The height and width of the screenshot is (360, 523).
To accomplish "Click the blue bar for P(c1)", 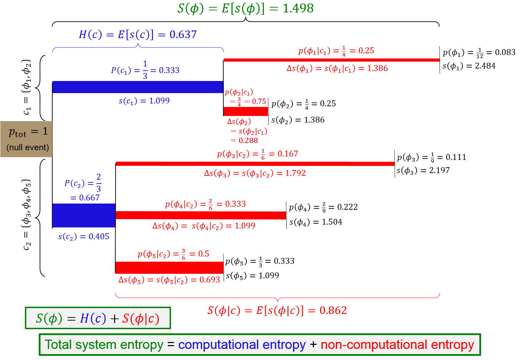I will (138, 87).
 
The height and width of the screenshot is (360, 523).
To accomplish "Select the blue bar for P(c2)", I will (84, 215).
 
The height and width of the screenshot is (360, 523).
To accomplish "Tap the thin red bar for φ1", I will (331, 60).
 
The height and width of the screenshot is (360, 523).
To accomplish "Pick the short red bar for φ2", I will (246, 111).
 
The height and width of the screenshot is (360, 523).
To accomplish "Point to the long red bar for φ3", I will (255, 164).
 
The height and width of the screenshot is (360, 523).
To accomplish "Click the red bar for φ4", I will (201, 215).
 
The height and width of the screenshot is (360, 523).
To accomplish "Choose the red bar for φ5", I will (169, 268).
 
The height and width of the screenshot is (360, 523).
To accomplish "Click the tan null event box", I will (26, 139).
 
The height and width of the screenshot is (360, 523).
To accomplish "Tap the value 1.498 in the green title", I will (298, 8).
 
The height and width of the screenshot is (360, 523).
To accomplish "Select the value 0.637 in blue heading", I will (183, 35).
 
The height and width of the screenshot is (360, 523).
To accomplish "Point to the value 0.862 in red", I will (333, 310).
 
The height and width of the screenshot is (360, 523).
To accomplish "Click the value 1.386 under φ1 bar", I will (377, 69).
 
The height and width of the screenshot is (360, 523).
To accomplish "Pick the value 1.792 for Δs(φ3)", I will (295, 173).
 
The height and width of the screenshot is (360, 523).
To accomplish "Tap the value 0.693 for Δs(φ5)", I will (209, 280).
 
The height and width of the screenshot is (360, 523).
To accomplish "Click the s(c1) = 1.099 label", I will (144, 101).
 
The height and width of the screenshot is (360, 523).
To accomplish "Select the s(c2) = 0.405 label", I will (83, 236).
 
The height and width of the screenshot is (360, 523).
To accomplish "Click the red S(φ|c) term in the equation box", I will (141, 318).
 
